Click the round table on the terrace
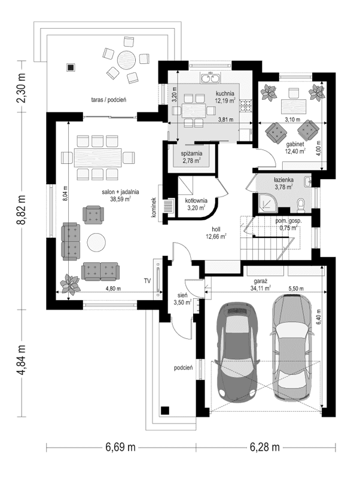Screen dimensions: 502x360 point(126,60)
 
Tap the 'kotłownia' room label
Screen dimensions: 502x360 point(196,201)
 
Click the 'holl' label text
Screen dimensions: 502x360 point(216,229)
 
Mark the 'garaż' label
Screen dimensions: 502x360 point(259,280)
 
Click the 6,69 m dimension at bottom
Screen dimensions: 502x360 point(120,447)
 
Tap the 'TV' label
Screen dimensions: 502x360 point(147,280)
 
